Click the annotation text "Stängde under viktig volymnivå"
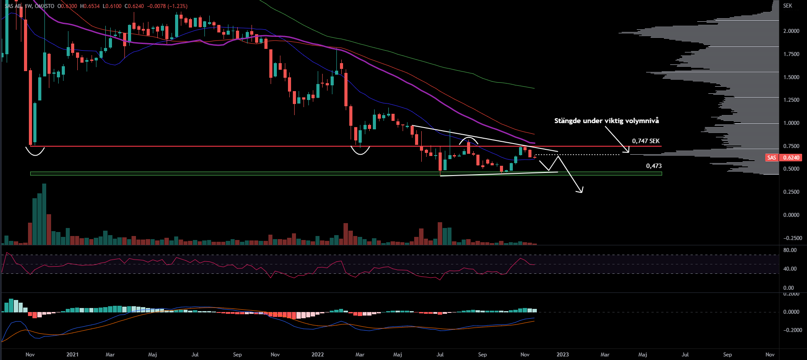coord(607,121)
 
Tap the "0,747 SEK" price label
coord(646,141)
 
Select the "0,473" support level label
coord(654,166)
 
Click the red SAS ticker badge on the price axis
coord(772,158)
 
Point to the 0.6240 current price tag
coord(791,158)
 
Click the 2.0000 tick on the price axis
coord(791,31)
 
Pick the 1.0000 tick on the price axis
coord(791,123)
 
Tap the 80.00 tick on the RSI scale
coord(790,250)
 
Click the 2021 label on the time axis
coord(72,355)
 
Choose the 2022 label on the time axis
coord(318,355)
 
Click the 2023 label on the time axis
coord(563,355)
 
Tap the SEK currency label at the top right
coord(787,6)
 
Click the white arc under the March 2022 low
coord(360,153)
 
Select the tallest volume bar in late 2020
coord(44,214)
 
